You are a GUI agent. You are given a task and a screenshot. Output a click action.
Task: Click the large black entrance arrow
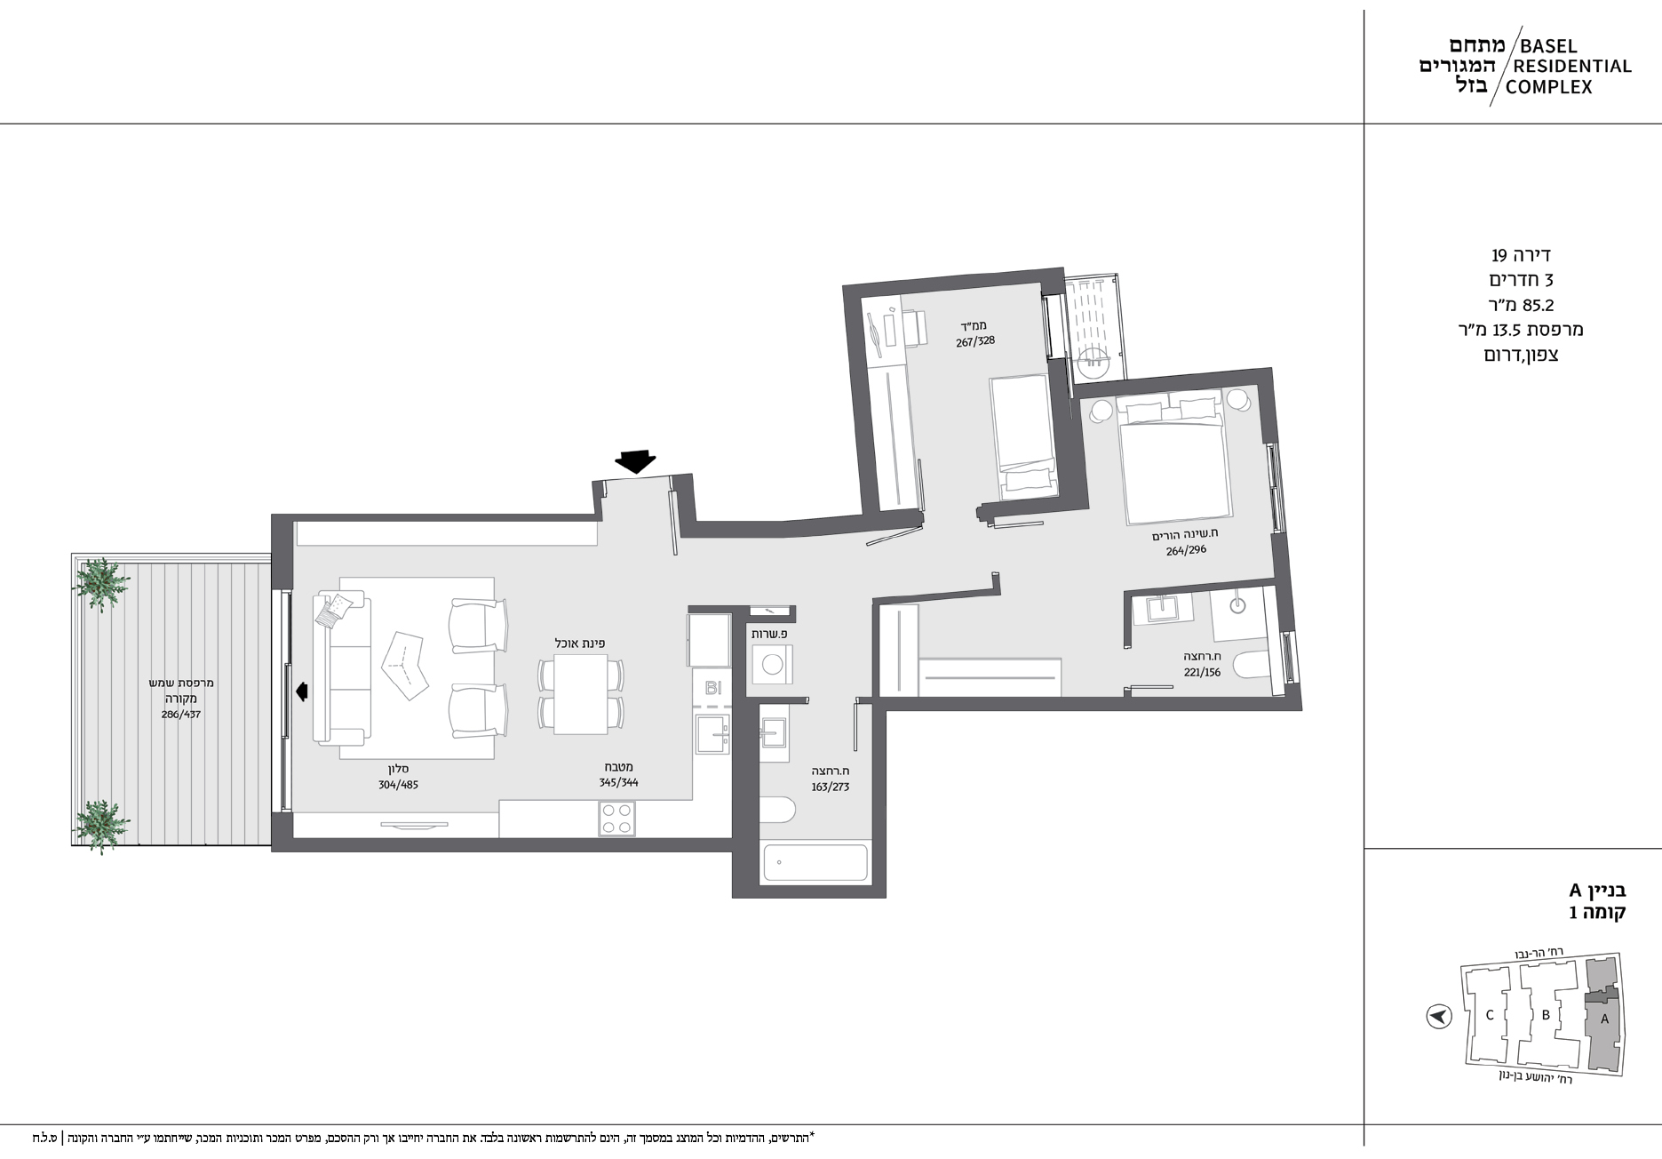[x=636, y=460]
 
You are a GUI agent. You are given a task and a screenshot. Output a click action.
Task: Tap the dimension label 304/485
[x=398, y=785]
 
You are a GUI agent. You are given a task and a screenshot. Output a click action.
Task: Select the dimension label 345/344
[x=618, y=782]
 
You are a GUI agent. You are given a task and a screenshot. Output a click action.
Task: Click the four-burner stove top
[x=616, y=819]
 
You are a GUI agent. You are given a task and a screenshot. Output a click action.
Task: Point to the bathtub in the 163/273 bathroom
[x=815, y=863]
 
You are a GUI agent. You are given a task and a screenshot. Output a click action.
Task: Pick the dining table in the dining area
[x=581, y=694]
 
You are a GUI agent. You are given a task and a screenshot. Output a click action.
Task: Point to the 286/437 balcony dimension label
[x=180, y=714]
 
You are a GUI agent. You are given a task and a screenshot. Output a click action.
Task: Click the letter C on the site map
[x=1490, y=1015]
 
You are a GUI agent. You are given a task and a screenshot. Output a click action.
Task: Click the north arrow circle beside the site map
[x=1438, y=1016]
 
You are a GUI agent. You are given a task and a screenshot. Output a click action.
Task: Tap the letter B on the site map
[x=1546, y=1015]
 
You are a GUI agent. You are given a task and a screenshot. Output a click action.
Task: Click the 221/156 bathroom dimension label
[x=1202, y=673]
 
